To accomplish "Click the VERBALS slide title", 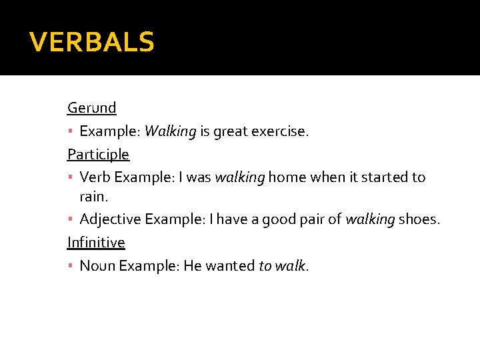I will [x=92, y=43].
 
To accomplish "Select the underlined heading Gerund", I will [x=92, y=107].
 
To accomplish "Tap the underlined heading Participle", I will [x=98, y=155].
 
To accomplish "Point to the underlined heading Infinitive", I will [x=96, y=242].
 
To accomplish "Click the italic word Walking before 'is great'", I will [x=170, y=131].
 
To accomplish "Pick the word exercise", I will [x=280, y=131].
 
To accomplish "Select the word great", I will [x=229, y=131].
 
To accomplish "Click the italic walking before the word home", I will [x=240, y=177].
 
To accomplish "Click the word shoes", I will [x=419, y=220].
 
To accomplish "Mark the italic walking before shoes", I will [x=370, y=220].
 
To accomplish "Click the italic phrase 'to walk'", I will [x=282, y=266].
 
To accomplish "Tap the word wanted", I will [x=230, y=266].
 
